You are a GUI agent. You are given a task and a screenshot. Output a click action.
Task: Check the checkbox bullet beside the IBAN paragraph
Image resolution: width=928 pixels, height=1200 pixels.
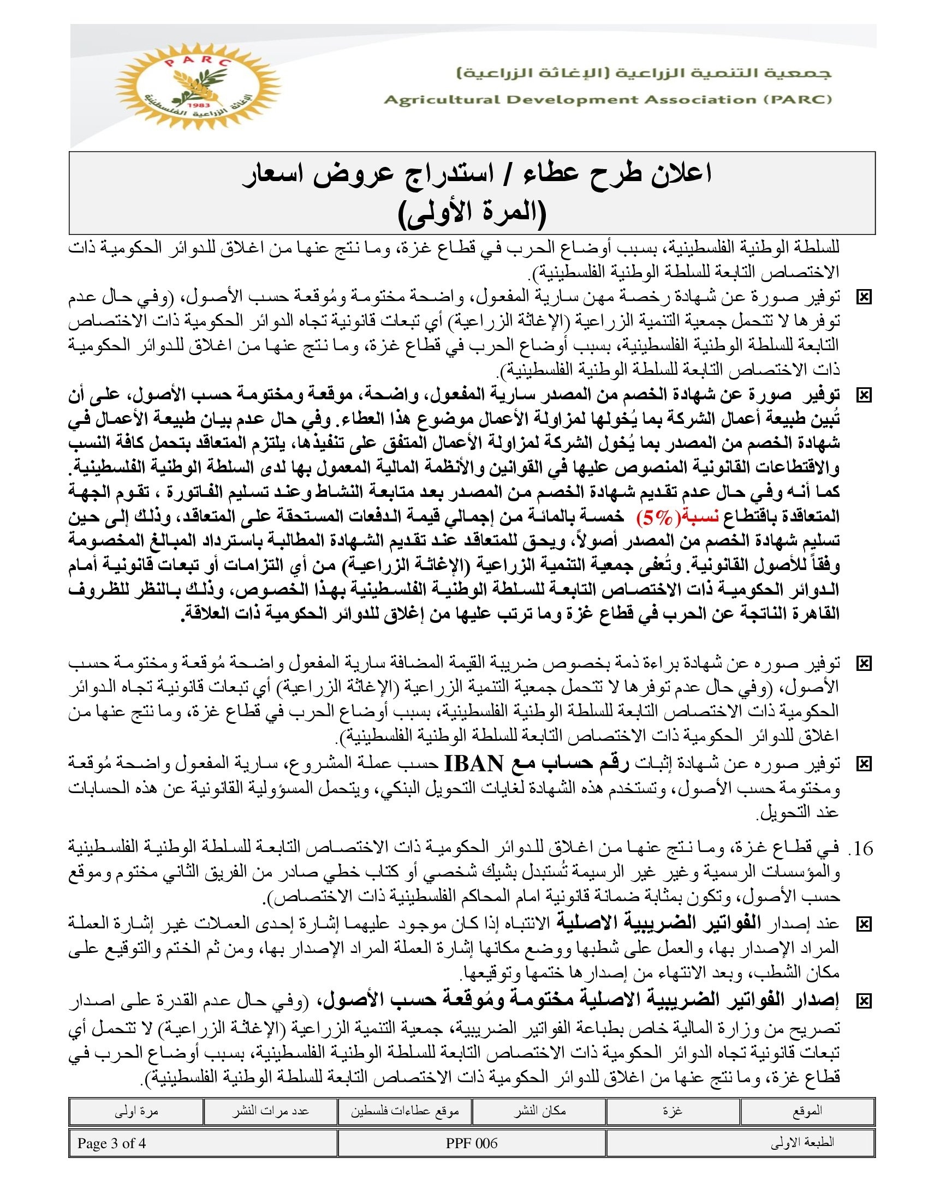pyautogui.click(x=864, y=764)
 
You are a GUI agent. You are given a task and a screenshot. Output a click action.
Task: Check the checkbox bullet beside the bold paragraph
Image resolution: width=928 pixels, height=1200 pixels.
pyautogui.click(x=864, y=395)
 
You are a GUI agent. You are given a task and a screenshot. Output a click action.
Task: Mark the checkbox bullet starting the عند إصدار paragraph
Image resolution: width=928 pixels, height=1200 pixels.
pyautogui.click(x=864, y=925)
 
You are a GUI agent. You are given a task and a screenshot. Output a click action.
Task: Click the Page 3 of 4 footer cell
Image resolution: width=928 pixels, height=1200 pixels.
pyautogui.click(x=111, y=1143)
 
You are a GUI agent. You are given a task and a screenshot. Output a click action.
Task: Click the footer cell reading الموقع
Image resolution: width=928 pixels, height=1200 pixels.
pyautogui.click(x=807, y=1112)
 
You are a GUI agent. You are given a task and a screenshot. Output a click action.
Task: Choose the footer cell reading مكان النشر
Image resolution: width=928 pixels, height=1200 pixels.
pyautogui.click(x=539, y=1112)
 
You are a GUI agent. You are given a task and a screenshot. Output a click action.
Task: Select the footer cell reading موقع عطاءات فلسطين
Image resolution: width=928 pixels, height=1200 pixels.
pyautogui.click(x=405, y=1112)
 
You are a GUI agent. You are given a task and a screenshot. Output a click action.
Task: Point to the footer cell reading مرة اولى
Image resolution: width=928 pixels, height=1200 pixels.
pyautogui.click(x=136, y=1112)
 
